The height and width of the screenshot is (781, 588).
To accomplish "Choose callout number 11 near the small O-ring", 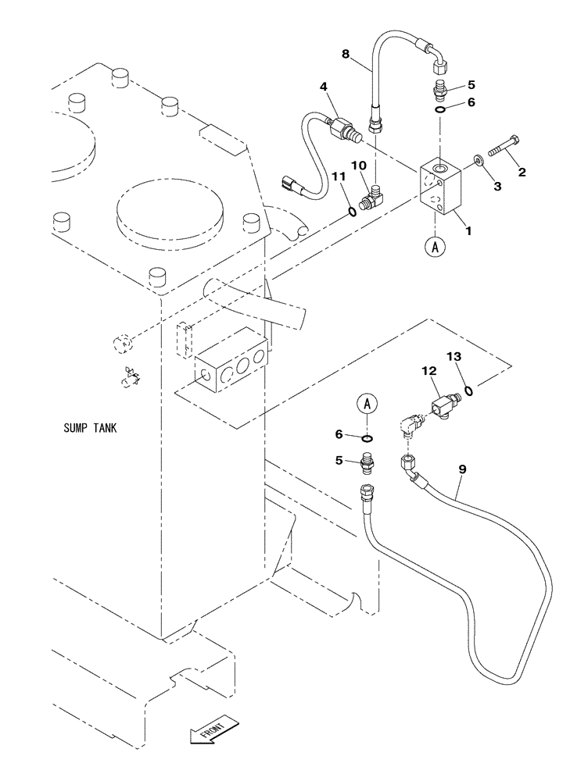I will [338, 177].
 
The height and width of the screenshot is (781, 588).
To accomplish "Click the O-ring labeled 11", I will [353, 209].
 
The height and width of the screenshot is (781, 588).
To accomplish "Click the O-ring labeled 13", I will [468, 390].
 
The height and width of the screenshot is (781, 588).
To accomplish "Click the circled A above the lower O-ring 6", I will [368, 405].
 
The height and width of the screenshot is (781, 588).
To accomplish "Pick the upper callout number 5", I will [471, 84].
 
